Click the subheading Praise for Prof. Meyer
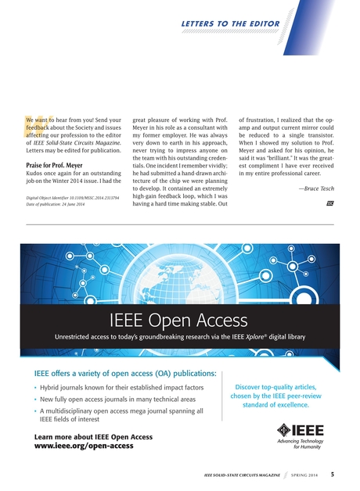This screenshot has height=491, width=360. point(56,166)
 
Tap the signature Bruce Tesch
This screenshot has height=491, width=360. point(316,188)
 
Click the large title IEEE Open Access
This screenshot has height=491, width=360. point(179,320)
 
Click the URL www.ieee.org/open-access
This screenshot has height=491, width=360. point(84,445)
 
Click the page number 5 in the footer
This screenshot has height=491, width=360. point(333,474)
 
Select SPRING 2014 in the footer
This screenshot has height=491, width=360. point(301,475)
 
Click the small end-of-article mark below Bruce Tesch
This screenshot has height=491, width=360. point(329,203)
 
